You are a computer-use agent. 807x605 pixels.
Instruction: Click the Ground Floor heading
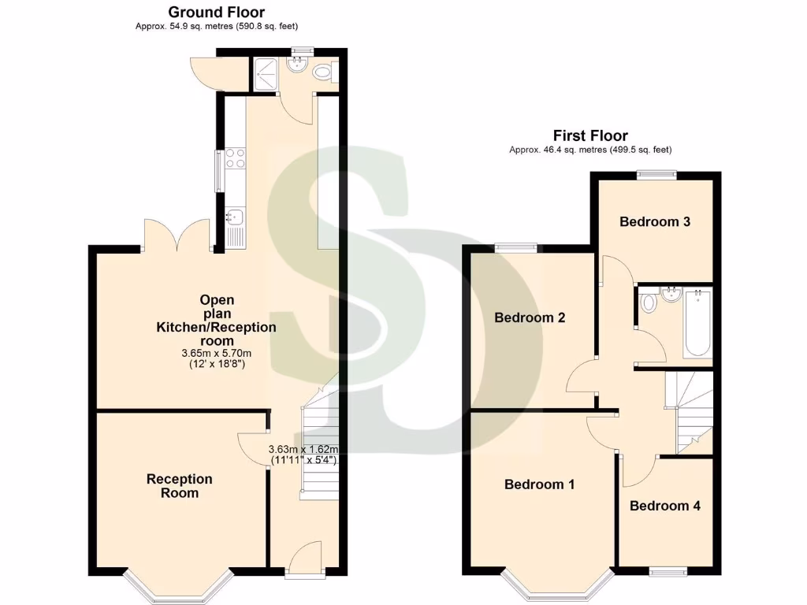pos(217,12)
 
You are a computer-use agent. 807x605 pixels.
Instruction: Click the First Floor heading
pos(590,135)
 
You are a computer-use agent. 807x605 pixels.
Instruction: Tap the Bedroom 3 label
pos(655,221)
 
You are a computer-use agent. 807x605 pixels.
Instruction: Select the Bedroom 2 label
pos(530,318)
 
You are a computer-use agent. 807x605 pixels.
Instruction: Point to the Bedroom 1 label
pos(539,484)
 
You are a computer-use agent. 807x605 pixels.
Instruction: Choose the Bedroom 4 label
pos(664,506)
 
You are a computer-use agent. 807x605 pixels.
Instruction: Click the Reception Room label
pos(180,486)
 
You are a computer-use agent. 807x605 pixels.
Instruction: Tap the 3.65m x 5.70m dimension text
pos(217,354)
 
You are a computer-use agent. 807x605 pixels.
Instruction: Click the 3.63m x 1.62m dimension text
pos(303,448)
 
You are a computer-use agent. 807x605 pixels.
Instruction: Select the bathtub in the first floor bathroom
pos(698,325)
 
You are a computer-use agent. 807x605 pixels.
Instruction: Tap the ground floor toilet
pos(323,73)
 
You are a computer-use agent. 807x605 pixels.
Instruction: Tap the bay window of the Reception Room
pos(178,587)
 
